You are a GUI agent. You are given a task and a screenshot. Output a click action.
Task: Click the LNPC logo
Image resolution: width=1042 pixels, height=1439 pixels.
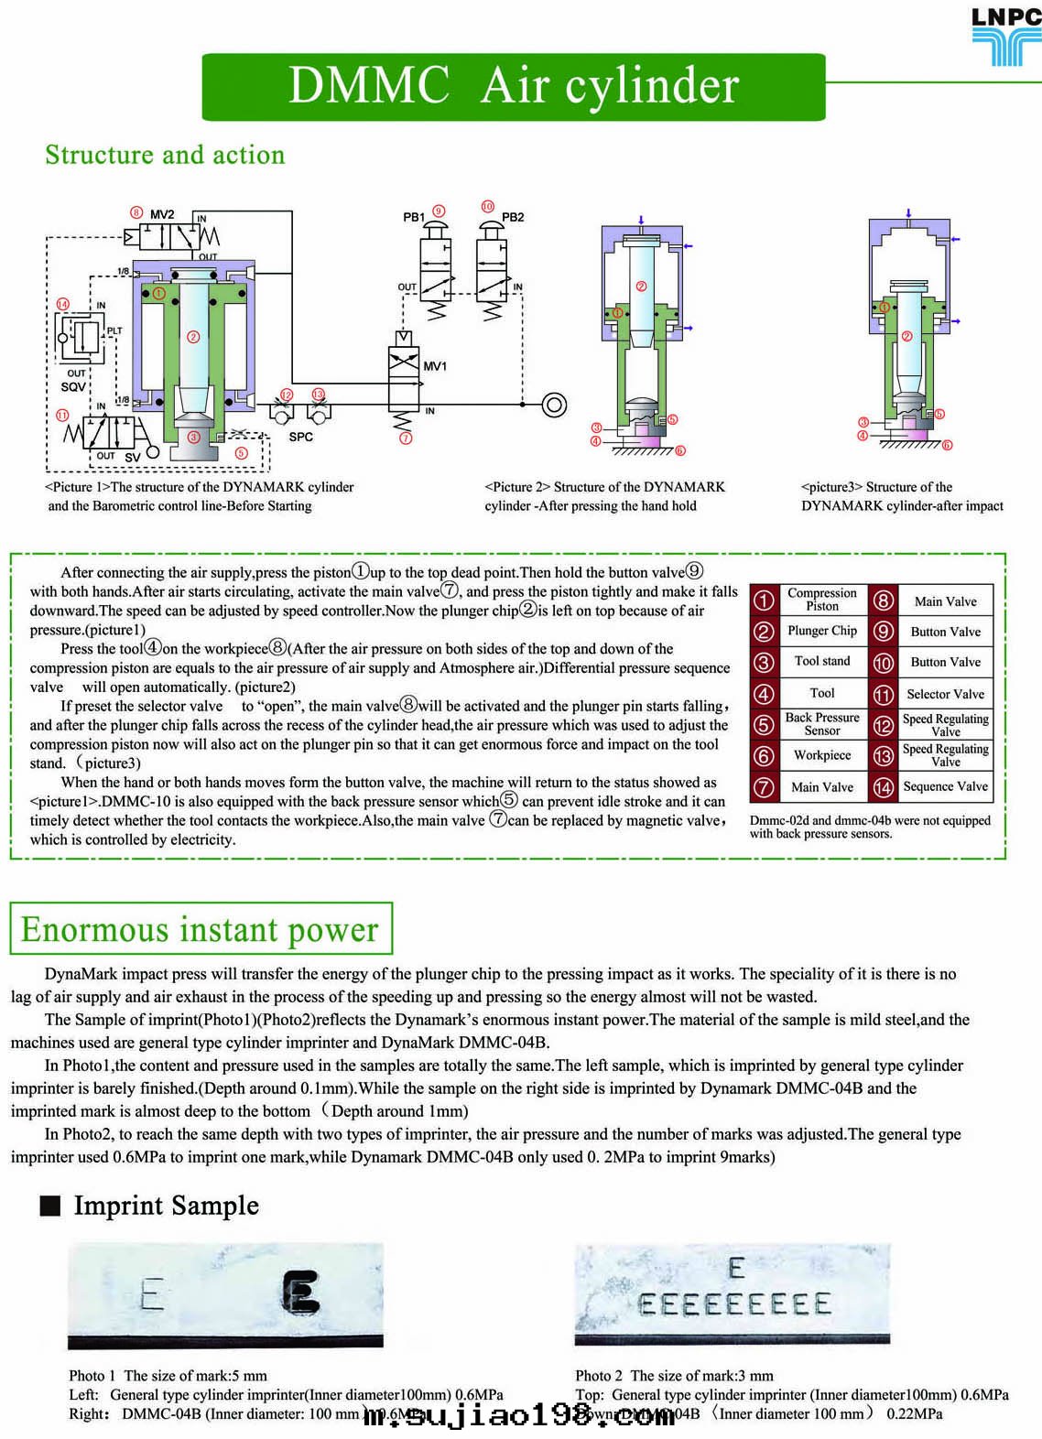[1005, 36]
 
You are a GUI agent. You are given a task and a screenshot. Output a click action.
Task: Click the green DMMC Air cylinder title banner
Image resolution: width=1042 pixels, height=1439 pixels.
[514, 87]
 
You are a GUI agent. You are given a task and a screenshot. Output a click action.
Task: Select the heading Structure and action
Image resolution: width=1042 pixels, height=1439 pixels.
[165, 155]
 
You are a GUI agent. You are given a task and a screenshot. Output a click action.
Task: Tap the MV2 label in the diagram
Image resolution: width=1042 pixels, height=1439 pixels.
[162, 214]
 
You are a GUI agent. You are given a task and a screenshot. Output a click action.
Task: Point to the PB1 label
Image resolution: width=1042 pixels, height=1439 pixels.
[414, 217]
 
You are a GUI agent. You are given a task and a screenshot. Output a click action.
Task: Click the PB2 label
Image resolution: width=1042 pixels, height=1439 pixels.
[513, 217]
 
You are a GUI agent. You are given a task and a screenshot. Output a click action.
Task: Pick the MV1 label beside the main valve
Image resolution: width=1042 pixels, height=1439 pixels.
[434, 366]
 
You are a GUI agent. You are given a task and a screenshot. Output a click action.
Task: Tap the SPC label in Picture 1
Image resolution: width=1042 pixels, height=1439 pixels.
[300, 437]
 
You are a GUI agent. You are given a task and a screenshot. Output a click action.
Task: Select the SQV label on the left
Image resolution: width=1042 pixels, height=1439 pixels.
[73, 387]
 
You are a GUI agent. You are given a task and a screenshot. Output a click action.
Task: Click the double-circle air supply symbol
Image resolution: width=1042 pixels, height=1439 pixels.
[554, 404]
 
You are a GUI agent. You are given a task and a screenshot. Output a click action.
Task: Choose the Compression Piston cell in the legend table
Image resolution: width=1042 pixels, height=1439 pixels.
[821, 600]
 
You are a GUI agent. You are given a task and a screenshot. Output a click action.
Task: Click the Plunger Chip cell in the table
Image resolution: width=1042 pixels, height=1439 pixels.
[821, 631]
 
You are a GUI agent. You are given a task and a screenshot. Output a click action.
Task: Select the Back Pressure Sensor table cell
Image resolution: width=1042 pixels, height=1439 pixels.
[821, 724]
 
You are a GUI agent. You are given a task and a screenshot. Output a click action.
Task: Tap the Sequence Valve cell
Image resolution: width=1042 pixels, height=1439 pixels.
[945, 786]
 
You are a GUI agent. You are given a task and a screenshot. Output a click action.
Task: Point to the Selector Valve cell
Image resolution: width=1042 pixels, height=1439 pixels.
[945, 694]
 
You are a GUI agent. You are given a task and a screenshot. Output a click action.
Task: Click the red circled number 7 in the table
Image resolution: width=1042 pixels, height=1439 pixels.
[764, 787]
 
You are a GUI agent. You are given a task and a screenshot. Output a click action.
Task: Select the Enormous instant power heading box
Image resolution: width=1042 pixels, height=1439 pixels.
[201, 929]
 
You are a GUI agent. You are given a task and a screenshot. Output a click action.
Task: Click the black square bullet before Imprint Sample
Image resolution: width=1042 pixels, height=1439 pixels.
[50, 1206]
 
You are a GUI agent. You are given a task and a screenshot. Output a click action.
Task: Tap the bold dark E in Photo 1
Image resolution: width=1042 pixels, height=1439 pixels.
[300, 1293]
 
